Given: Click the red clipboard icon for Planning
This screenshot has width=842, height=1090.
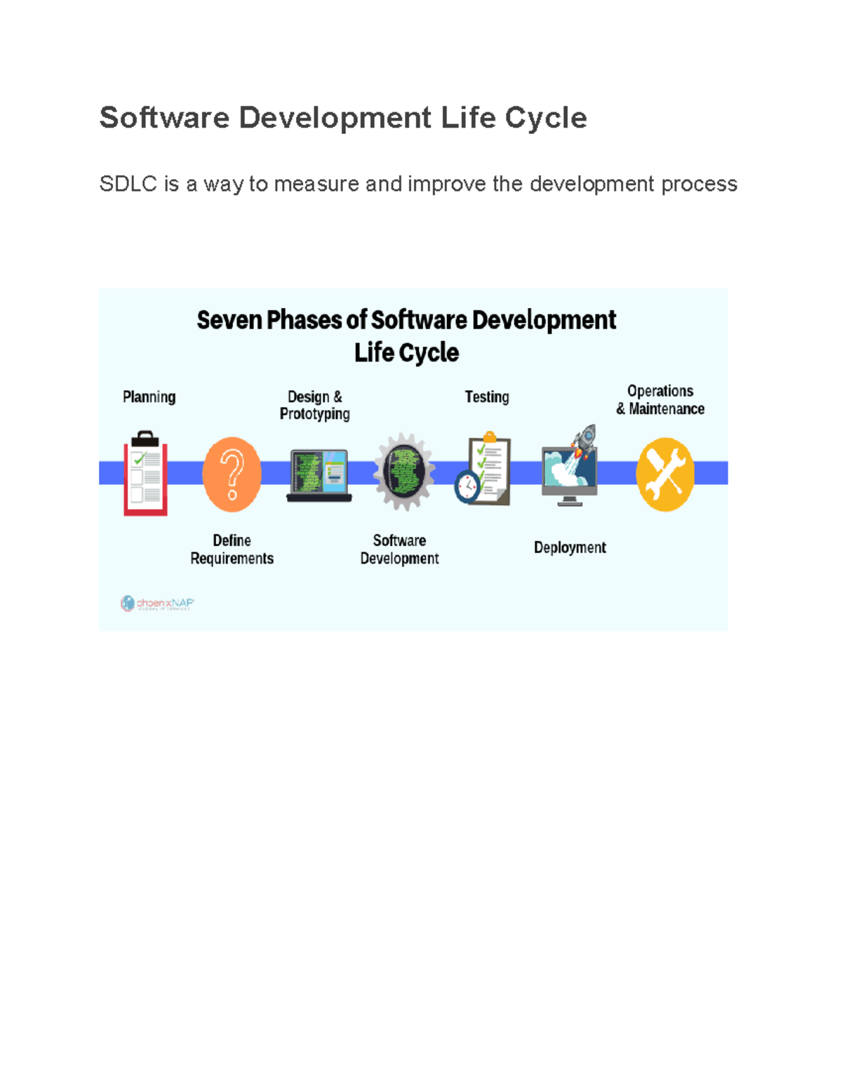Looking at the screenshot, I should [x=146, y=474].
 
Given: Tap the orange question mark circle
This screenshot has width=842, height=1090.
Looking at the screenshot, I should [x=232, y=474].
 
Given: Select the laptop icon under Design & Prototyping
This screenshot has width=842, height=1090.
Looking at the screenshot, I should [x=319, y=476].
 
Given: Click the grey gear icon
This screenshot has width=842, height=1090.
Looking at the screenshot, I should [x=403, y=471].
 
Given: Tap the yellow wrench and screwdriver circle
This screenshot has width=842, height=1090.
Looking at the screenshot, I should [x=665, y=474].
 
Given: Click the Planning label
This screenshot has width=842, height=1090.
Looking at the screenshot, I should [x=149, y=397].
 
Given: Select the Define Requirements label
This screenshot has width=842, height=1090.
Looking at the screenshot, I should [x=232, y=550].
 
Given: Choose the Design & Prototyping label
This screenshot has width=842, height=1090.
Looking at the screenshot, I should [x=315, y=406].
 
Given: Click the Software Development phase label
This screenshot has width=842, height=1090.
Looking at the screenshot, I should [x=399, y=550].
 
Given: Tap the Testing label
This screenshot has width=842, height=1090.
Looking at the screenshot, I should [x=487, y=397].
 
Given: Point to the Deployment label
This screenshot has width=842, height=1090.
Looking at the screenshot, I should [x=570, y=548].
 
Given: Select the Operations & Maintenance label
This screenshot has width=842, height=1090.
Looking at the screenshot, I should [x=660, y=400].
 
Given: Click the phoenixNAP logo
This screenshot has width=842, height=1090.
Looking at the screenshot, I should [x=157, y=604].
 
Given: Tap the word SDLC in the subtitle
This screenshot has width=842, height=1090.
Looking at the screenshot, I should [x=128, y=184].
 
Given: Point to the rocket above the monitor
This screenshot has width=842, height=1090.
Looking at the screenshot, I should [x=585, y=440].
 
